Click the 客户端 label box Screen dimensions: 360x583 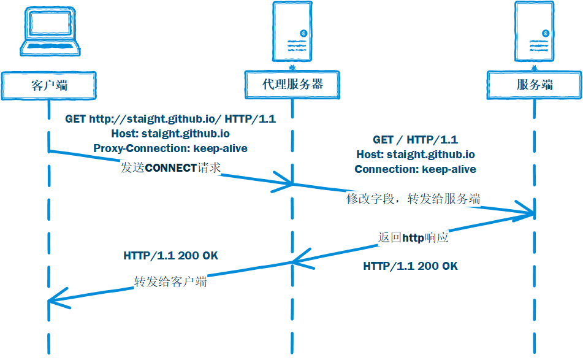[49, 85]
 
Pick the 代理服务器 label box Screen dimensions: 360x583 [292, 84]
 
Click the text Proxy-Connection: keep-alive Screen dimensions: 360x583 [170, 148]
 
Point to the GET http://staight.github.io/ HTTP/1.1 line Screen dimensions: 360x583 [170, 119]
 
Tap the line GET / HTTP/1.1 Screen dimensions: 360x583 [415, 140]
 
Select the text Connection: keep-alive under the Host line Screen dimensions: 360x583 [415, 169]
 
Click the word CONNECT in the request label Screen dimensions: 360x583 [171, 167]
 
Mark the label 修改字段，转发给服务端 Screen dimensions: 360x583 [413, 199]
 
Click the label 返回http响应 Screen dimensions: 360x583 [413, 237]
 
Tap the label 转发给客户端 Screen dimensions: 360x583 [170, 281]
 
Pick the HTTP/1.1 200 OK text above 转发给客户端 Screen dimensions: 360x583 [170, 255]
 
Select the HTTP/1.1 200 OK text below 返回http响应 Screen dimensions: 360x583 [410, 266]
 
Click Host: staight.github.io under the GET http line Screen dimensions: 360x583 [170, 133]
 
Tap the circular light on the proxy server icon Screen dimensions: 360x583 [303, 33]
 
